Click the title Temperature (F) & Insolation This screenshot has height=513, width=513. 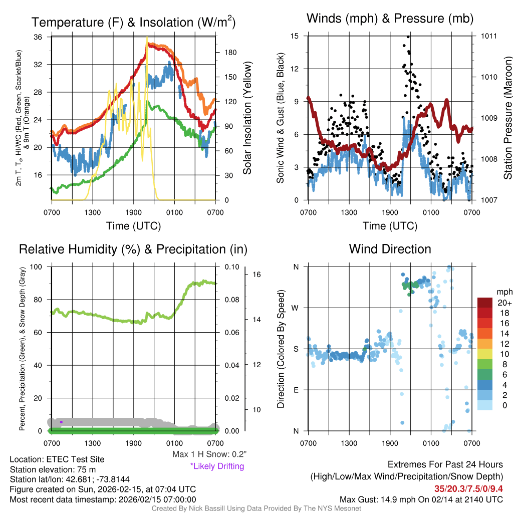coord(133,23)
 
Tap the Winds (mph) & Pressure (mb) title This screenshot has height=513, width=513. coord(390,19)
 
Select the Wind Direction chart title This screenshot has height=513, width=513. coord(390,249)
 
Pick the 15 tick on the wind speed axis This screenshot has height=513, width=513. coord(295,36)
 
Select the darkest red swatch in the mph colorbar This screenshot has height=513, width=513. coord(485,303)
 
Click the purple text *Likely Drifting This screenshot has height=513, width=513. coord(217,466)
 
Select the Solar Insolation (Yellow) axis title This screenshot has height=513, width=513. coord(247,119)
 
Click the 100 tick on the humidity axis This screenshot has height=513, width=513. coord(37,267)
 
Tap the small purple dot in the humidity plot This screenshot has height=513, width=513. coord(61,422)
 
